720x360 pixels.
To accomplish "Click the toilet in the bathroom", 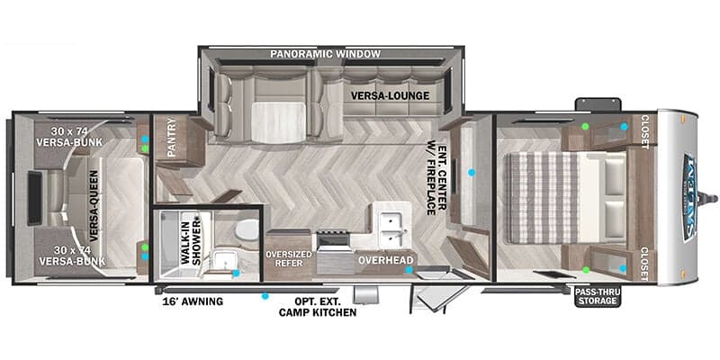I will point(241,233).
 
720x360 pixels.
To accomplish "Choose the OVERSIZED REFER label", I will point(288,259).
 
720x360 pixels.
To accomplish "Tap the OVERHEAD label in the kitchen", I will point(385,260).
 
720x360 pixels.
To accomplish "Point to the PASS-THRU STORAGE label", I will point(597,296).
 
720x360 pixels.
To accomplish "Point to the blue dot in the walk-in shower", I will point(236,273).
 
